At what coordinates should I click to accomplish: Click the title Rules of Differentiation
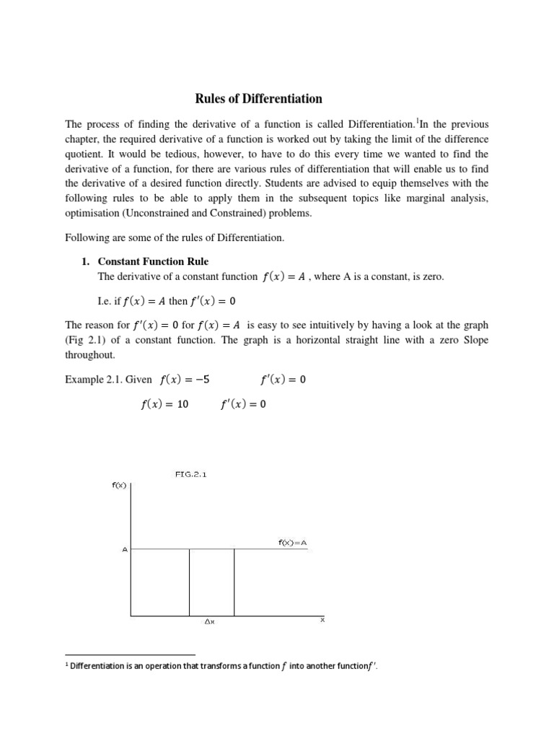point(250,99)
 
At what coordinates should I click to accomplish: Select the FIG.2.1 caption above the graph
point(190,474)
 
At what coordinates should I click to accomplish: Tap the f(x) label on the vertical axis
point(119,485)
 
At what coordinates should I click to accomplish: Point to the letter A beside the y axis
point(124,550)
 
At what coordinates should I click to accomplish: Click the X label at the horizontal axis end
point(322,619)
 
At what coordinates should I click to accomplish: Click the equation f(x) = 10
point(164,405)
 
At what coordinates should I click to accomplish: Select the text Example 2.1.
point(93,380)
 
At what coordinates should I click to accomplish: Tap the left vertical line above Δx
point(190,582)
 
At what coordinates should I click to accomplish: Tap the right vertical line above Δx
point(234,582)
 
